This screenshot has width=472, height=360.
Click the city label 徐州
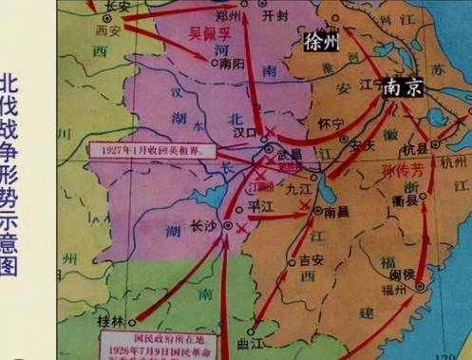click(x=322, y=42)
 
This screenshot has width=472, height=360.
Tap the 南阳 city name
click(x=231, y=66)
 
